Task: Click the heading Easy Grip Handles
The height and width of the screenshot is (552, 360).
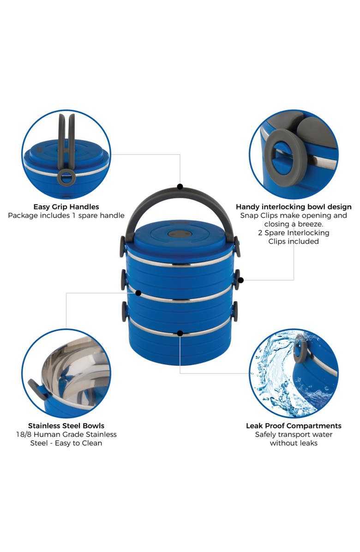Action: click(x=66, y=207)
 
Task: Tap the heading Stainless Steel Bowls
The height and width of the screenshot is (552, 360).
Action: click(x=66, y=426)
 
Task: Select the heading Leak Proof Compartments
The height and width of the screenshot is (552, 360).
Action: click(x=294, y=426)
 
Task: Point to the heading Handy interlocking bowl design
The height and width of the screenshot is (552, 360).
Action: click(x=294, y=207)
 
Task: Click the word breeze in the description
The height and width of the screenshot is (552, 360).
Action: click(x=310, y=224)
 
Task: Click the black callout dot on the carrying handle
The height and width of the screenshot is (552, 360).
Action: click(x=180, y=186)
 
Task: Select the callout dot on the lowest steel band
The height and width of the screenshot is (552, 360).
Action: click(x=180, y=333)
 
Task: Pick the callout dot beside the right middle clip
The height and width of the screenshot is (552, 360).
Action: click(x=241, y=280)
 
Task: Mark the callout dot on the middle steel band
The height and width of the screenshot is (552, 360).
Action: click(x=138, y=293)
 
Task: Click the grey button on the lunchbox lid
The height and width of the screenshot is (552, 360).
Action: click(x=175, y=234)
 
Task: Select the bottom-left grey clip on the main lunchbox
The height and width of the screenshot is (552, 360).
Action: click(x=125, y=312)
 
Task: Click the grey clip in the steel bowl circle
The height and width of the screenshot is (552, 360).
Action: click(x=37, y=389)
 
